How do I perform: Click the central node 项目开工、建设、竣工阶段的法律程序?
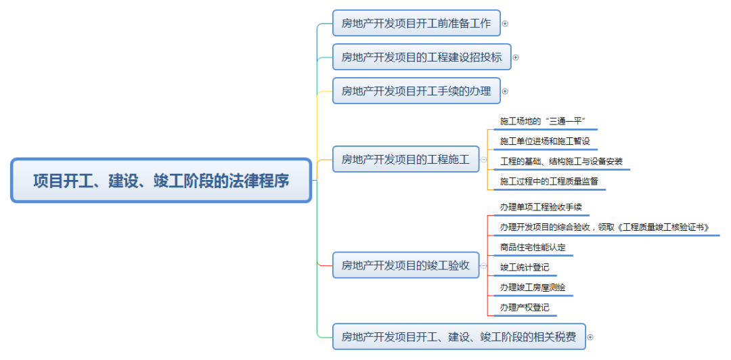161,181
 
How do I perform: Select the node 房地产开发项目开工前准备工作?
416,23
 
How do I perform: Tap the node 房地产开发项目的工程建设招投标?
422,57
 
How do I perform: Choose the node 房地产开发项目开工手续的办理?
416,91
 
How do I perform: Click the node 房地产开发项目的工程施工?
405,160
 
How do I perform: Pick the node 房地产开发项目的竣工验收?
405,265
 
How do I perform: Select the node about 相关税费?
459,336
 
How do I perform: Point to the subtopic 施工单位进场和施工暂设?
545,141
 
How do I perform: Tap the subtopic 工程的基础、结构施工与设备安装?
561,162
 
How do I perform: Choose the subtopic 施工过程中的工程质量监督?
549,181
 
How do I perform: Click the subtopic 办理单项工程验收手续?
541,207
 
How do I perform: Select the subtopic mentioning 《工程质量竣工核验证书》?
604,227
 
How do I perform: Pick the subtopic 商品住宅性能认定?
533,247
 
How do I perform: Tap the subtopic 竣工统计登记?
525,267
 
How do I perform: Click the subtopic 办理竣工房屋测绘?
533,287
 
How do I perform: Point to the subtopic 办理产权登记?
525,307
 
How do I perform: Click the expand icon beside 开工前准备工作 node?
505,23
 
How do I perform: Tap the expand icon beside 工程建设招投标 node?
516,57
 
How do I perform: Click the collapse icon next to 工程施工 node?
483,160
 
